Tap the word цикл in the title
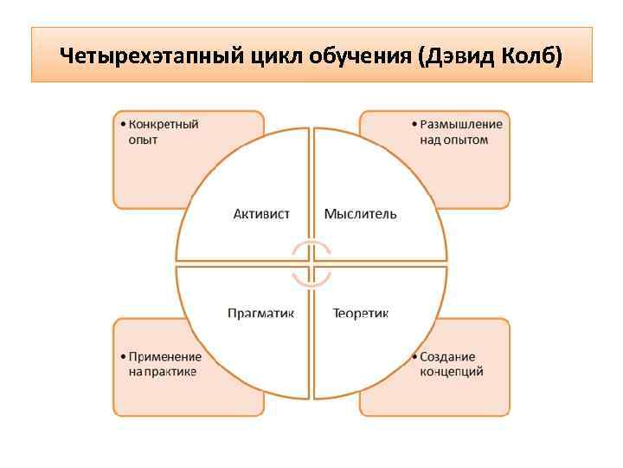(x=284, y=56)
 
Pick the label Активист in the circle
(x=261, y=213)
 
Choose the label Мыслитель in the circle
(x=361, y=213)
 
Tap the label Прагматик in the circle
(x=260, y=313)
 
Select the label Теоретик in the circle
(x=361, y=313)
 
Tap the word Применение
(x=164, y=356)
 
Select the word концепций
(x=451, y=372)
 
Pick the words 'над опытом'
(x=453, y=140)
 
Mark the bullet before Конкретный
(x=122, y=125)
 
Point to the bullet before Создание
(x=414, y=357)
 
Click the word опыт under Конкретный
(x=143, y=140)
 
